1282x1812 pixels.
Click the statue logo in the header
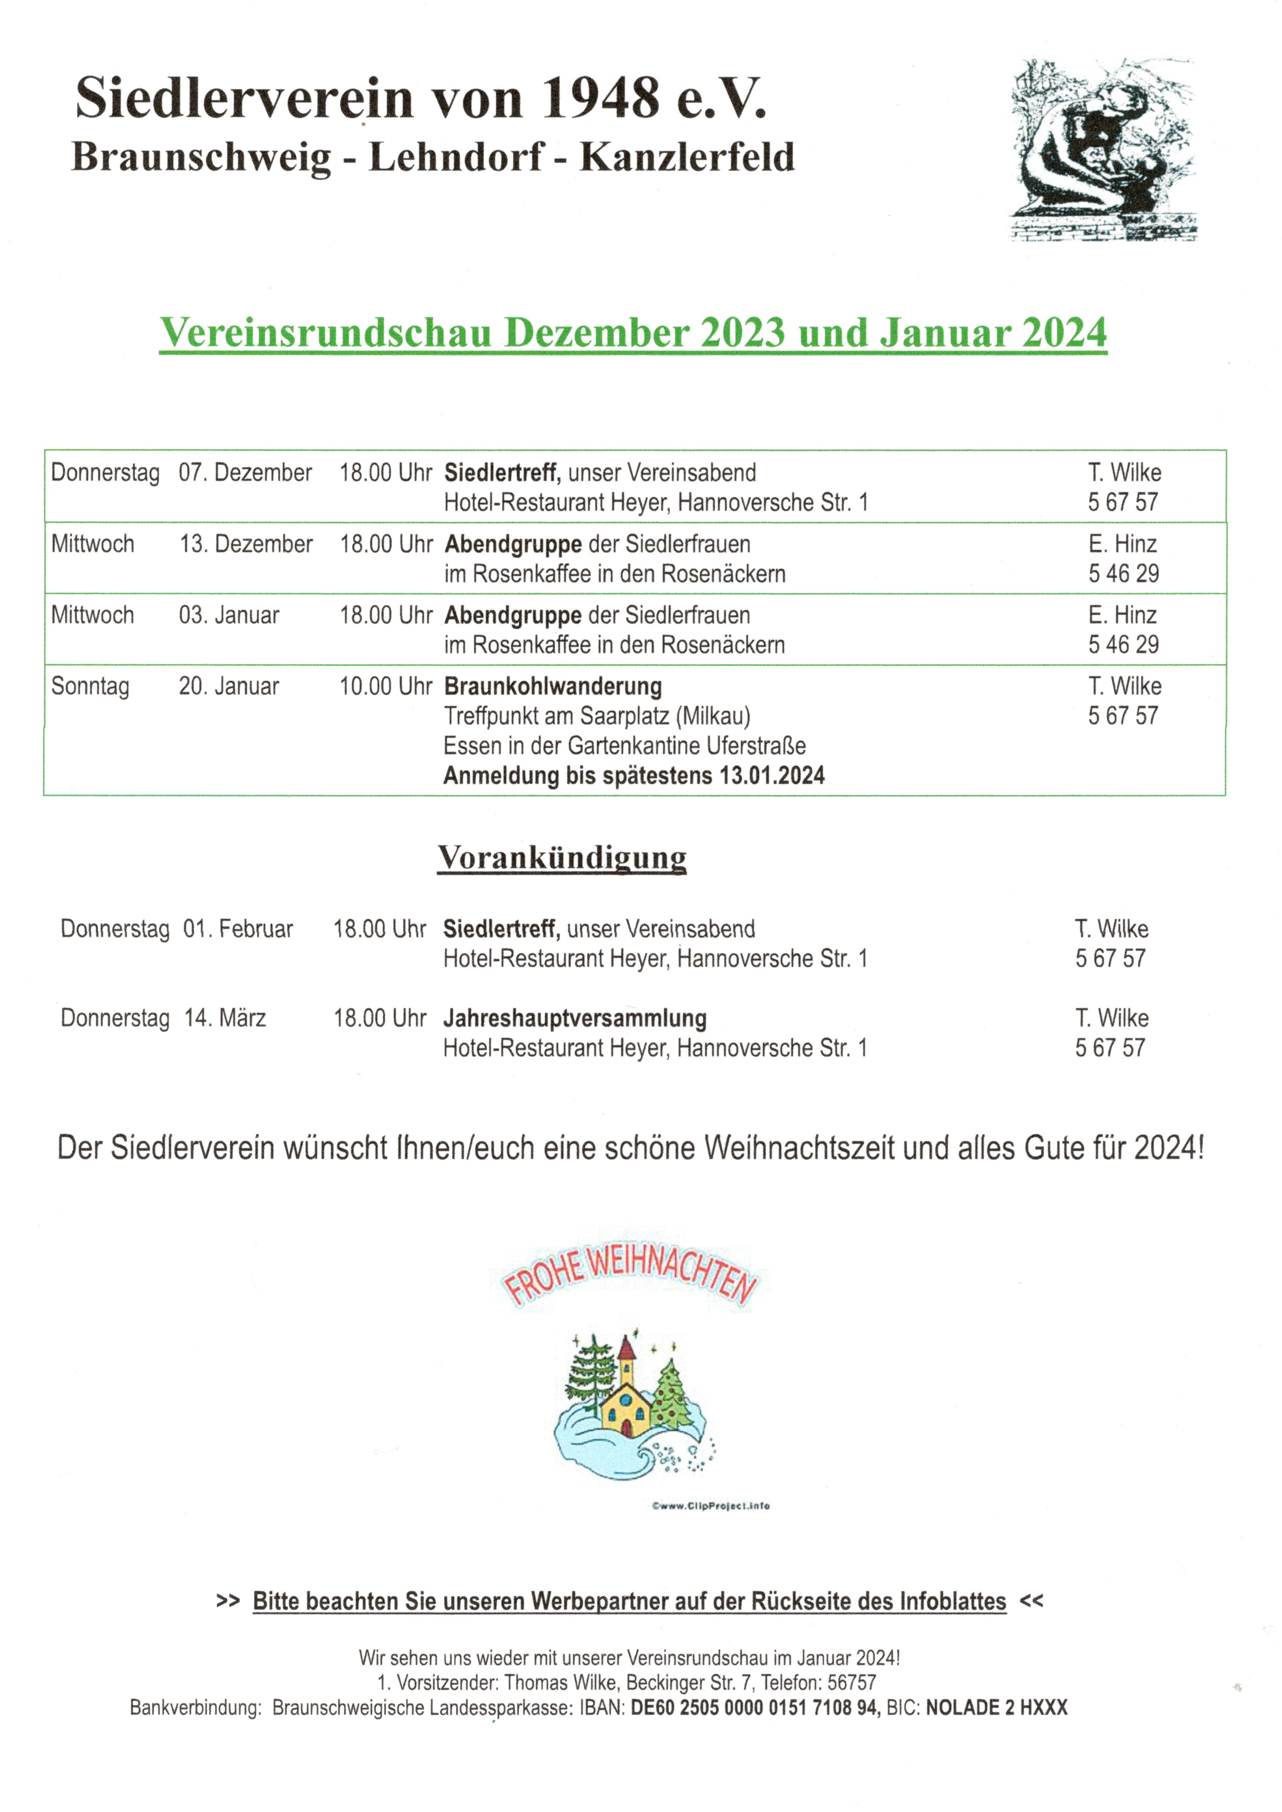coord(1104,150)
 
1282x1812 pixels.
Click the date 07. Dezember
coord(245,473)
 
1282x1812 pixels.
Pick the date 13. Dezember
coord(245,544)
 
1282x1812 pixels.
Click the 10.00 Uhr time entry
coord(385,686)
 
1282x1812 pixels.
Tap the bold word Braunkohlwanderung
coord(553,687)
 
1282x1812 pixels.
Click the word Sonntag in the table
coord(90,686)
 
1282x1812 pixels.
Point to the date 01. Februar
coord(238,929)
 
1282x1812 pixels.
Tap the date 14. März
coord(225,1018)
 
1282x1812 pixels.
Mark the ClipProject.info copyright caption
coord(710,1506)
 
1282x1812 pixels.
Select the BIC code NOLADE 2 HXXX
coord(996,1708)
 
